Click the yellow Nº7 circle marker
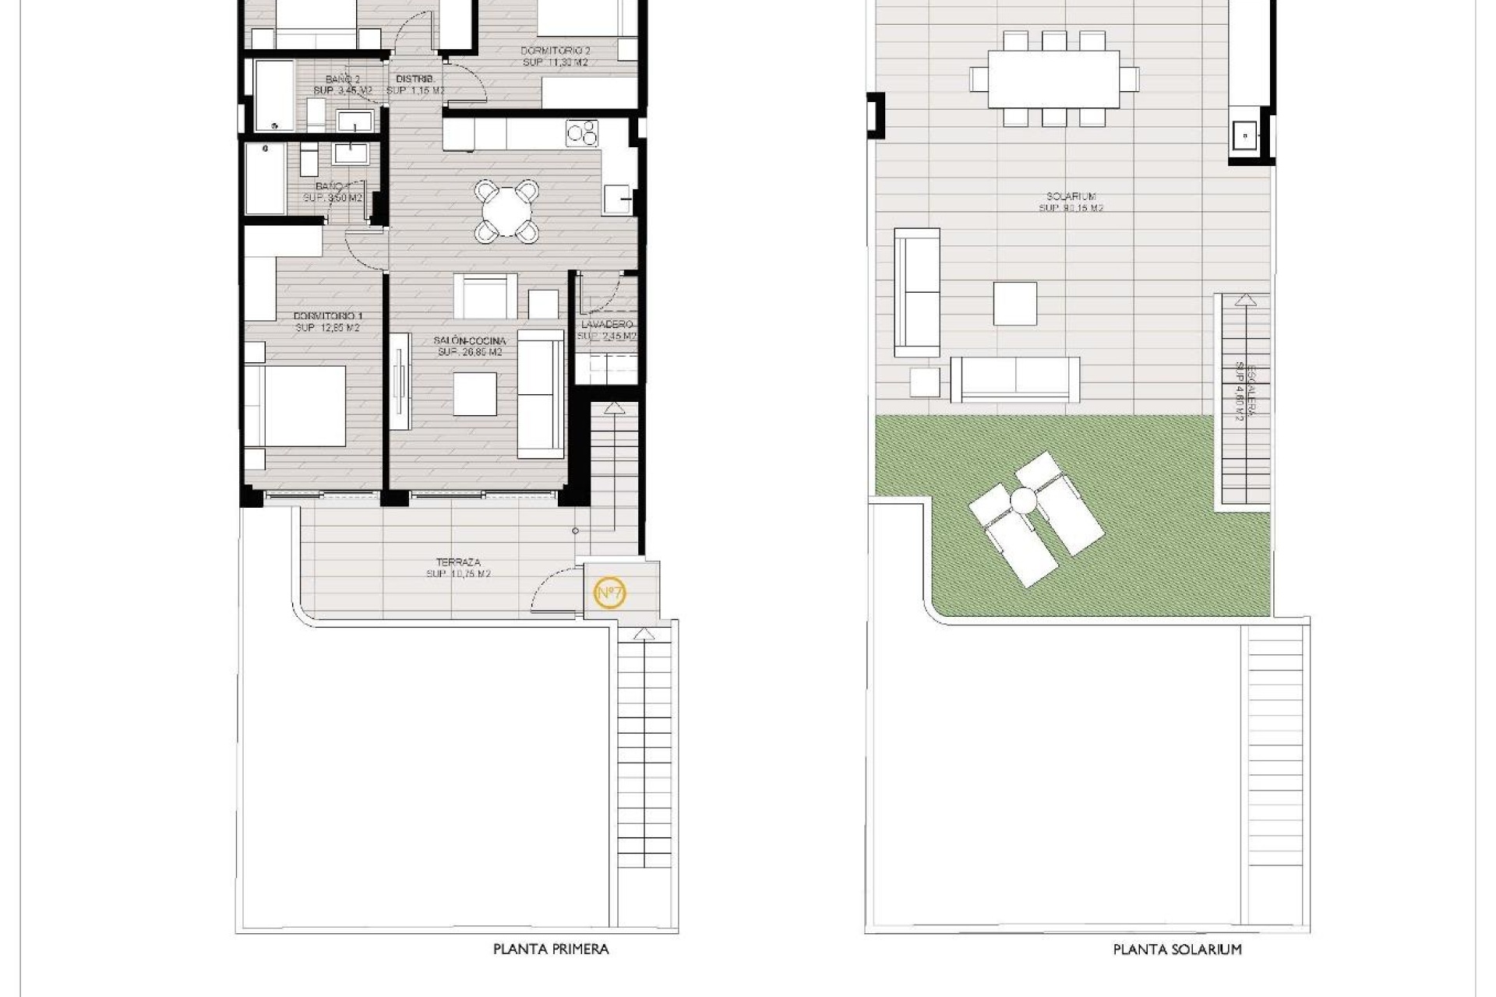tap(610, 594)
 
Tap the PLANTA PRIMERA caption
tap(551, 949)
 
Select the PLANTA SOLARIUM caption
tap(1177, 949)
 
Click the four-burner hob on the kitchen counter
tap(582, 133)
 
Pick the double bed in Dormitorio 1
tap(296, 406)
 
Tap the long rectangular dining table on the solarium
tap(1053, 79)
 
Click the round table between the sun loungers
tap(1024, 498)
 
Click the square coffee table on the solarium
tap(1014, 303)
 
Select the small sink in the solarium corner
tap(1244, 136)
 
